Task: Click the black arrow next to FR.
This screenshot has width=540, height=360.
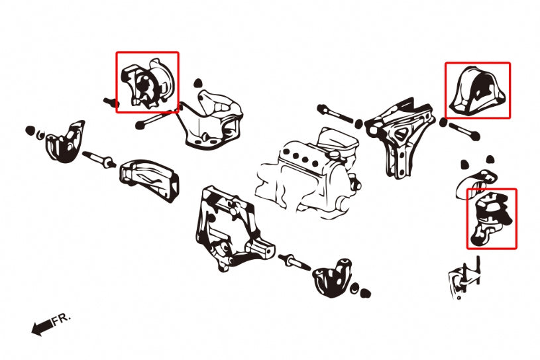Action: tap(41, 327)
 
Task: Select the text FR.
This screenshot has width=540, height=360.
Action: tap(61, 319)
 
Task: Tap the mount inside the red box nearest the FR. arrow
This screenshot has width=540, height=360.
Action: tap(147, 83)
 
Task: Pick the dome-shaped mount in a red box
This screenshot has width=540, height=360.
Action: tap(477, 91)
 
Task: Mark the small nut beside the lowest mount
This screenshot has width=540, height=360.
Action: tap(362, 290)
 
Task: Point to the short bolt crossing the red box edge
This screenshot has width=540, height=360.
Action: tap(111, 102)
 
